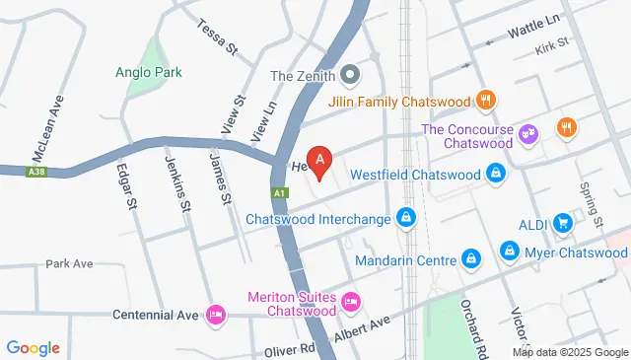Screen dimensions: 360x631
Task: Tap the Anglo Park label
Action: coord(148,72)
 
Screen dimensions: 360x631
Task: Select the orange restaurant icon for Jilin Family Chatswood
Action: coord(485,99)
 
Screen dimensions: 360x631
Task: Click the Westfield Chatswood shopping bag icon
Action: coord(497,174)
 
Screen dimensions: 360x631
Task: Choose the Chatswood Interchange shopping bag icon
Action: coord(405,217)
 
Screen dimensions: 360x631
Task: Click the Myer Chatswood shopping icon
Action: coord(509,252)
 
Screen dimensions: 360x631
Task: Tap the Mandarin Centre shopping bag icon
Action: coord(471,260)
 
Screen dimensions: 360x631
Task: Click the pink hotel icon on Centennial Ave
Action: coord(215,315)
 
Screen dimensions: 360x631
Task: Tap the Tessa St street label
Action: coord(219,36)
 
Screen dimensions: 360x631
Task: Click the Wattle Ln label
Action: coord(534,33)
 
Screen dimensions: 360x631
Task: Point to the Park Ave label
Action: coord(69,264)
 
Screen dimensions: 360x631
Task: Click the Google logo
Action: coord(34,347)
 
